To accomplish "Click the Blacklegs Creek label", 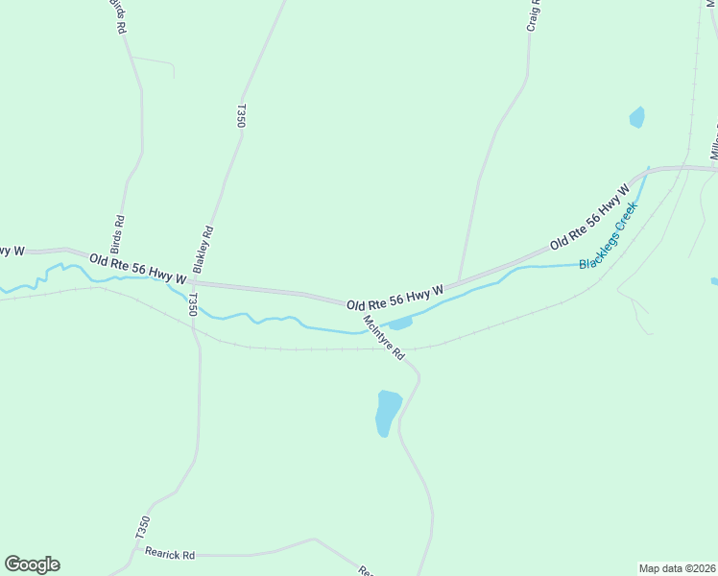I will [x=609, y=235].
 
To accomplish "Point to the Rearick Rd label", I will [x=170, y=554].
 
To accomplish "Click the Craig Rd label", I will [x=534, y=15].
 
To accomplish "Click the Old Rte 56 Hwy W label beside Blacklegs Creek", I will [x=588, y=227].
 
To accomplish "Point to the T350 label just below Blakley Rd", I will [x=192, y=305].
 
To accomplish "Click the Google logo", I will [x=32, y=564].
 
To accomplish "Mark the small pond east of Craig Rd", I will [x=636, y=117].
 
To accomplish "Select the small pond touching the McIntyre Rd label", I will [x=400, y=324].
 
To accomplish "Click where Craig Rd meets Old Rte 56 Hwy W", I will [x=459, y=280].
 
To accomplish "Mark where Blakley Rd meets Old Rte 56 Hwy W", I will [x=193, y=282].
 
